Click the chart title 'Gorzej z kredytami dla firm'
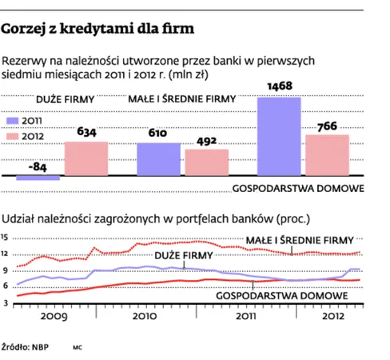tap(97, 30)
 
